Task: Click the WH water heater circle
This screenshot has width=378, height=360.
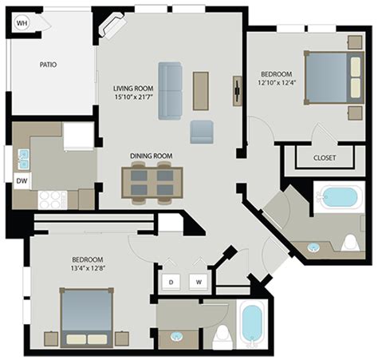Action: point(22,23)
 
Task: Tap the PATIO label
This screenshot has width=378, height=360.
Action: point(48,65)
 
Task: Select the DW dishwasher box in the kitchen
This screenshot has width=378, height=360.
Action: point(22,181)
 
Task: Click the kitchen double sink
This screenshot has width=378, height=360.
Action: point(23,159)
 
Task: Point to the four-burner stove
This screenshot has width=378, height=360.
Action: point(53,200)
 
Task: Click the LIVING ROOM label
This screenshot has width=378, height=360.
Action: point(133,88)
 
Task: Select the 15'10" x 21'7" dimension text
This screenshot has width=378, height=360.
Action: point(133,97)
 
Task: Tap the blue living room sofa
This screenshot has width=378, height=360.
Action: point(170,91)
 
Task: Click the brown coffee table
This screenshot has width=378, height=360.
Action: point(201,91)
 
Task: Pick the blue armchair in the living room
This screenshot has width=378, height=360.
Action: point(202,132)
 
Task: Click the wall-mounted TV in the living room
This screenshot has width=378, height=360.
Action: point(237,91)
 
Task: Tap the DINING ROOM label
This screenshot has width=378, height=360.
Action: point(151,156)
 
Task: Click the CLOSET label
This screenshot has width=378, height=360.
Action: point(325,158)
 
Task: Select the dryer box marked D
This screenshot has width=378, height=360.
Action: point(171,282)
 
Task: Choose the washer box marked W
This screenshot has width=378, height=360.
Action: point(199,282)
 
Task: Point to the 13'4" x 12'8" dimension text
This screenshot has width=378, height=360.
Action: point(88,268)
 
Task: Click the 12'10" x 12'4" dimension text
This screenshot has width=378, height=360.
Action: point(277,82)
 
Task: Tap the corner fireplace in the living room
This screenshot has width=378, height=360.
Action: point(112,26)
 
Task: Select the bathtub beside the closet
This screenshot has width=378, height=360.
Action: point(338,197)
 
